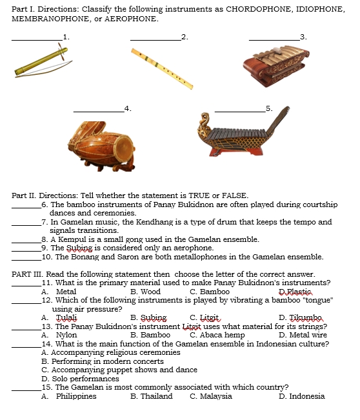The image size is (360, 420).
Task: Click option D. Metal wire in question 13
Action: coord(303,335)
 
